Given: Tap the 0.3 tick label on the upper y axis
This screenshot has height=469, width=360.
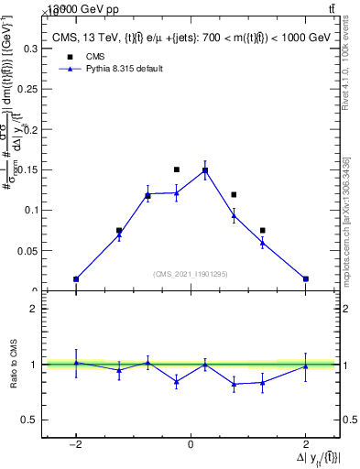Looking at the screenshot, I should click(x=28, y=48).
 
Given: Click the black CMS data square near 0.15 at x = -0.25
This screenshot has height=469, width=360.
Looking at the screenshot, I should click(x=177, y=169).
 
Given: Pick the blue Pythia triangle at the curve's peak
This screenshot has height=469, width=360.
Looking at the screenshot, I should click(x=205, y=170).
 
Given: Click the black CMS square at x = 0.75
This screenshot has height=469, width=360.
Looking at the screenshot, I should click(x=235, y=194).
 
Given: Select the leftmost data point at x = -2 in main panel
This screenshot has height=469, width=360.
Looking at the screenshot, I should click(x=76, y=278).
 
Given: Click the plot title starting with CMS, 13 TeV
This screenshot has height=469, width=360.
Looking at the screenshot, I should click(x=189, y=39).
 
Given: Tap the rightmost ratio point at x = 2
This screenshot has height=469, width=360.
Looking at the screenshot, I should click(x=305, y=366).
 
